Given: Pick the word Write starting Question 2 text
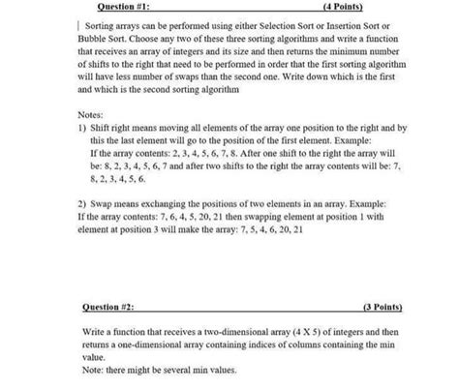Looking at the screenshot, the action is pyautogui.click(x=94, y=332).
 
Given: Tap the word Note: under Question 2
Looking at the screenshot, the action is pyautogui.click(x=93, y=370).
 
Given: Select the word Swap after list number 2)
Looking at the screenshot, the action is pyautogui.click(x=103, y=205).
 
